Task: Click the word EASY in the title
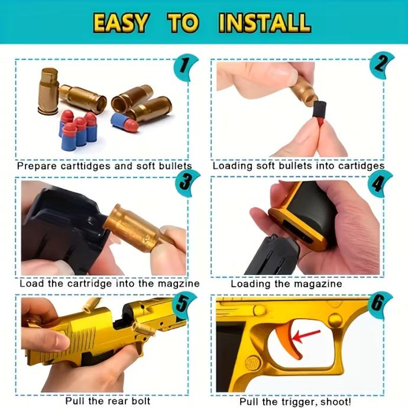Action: point(121,23)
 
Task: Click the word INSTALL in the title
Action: point(265,23)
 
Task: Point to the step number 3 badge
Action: point(187,183)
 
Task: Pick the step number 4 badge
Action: point(380,183)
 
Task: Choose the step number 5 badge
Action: point(184,305)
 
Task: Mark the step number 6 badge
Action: point(380,305)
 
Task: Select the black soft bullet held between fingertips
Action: point(319,111)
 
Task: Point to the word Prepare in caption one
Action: point(37,166)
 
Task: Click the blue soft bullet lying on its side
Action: point(125,122)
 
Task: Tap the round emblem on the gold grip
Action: point(252,362)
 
